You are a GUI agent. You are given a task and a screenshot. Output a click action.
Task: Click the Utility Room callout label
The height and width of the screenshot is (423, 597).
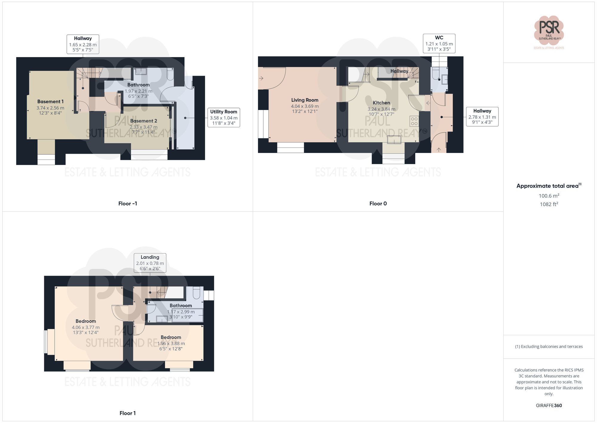[224, 117]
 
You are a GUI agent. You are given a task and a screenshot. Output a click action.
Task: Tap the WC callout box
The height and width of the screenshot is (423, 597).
[439, 43]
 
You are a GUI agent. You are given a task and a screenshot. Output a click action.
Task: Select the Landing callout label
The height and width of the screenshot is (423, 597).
[150, 263]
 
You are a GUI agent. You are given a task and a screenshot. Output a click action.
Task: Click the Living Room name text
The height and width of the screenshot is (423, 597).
[305, 100]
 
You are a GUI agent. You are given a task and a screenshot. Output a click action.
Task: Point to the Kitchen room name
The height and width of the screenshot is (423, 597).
[381, 103]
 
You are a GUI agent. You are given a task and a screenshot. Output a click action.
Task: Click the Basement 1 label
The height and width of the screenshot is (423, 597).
[50, 102]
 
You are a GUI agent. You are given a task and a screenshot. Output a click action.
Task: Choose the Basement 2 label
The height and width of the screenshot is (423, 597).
[144, 121]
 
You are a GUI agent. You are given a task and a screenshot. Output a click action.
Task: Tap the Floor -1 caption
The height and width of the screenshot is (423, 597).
[127, 204]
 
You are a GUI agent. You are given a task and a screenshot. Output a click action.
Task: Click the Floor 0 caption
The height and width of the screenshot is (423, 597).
[378, 204]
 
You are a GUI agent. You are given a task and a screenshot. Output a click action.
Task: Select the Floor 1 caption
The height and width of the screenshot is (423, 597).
[127, 413]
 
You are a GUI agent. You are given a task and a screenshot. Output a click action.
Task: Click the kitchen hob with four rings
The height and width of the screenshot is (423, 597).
[414, 121]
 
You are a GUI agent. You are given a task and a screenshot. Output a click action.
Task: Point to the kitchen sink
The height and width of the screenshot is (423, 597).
[394, 140]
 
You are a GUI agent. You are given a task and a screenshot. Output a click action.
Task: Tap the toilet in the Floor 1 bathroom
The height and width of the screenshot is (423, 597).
[196, 293]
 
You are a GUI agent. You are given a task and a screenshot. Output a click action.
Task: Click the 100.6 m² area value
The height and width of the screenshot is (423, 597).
[549, 196]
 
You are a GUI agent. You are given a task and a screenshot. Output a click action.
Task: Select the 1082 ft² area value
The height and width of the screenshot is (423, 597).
[549, 204]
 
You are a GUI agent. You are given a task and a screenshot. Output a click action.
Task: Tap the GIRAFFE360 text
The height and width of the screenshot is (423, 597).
[549, 406]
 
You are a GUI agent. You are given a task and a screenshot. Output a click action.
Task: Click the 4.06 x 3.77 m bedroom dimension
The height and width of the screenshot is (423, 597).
[86, 327]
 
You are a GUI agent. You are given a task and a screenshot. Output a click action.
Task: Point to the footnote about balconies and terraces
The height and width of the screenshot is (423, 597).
[549, 346]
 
